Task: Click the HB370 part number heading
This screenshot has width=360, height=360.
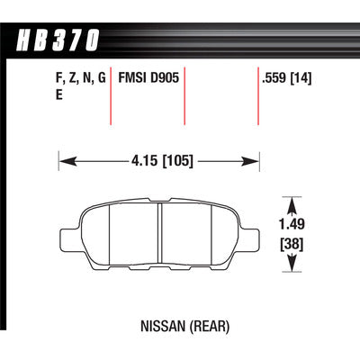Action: (58, 40)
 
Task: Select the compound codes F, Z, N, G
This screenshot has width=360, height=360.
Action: (81, 78)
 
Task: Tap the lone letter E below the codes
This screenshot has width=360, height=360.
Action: (59, 95)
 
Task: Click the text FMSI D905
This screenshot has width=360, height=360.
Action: (148, 78)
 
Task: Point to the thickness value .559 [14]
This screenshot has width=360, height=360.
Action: (286, 78)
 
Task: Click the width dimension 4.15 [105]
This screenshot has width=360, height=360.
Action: (162, 161)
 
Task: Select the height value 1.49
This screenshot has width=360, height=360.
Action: (292, 224)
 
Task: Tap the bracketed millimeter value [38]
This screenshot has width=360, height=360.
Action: (292, 244)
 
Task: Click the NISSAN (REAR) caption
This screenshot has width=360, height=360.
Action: (185, 326)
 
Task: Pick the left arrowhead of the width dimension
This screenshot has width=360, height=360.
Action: (67, 162)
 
